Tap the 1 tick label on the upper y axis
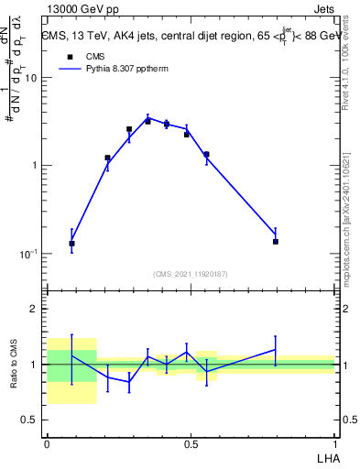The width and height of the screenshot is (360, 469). [34, 166]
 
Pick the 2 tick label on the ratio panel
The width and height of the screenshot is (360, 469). [34, 309]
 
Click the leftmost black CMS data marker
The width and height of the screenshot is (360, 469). [71, 244]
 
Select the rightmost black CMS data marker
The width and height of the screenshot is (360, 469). [275, 242]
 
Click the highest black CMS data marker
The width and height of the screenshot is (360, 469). [147, 121]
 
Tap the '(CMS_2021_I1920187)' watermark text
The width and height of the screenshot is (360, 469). [191, 273]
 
